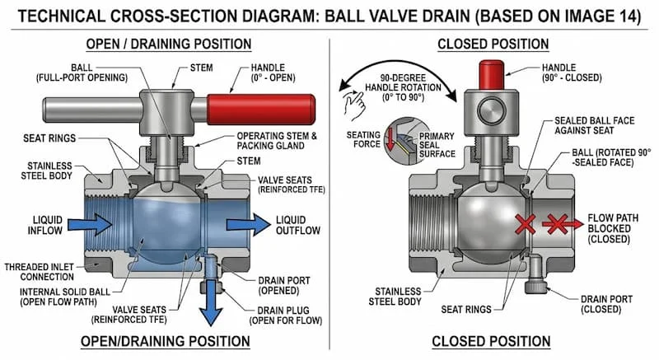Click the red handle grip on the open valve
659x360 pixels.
point(259,108)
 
